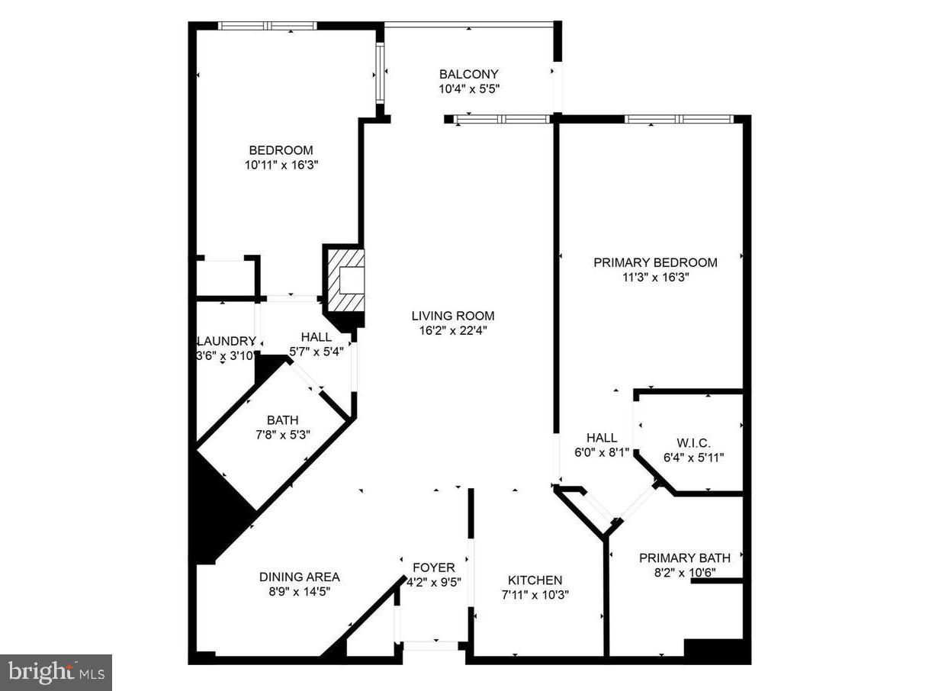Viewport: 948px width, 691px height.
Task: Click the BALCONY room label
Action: click(x=468, y=74)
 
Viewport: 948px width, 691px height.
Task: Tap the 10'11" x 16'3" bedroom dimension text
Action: click(x=281, y=165)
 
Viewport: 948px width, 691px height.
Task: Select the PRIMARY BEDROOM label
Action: click(x=655, y=262)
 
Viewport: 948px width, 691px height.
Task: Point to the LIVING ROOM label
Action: click(x=452, y=316)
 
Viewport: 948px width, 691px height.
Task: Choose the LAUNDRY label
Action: click(x=226, y=341)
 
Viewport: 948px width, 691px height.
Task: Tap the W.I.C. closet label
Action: click(x=693, y=443)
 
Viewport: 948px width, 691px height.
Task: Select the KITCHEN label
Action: click(x=535, y=580)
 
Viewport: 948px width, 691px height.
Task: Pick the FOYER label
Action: click(x=433, y=567)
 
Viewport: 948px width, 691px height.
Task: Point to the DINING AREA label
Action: click(x=299, y=577)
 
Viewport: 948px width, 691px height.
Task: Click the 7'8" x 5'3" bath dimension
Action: click(x=282, y=435)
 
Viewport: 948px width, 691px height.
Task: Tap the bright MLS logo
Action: click(x=56, y=672)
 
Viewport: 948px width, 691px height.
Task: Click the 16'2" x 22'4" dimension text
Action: click(x=452, y=330)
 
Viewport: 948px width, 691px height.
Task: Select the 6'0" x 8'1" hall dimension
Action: click(x=602, y=452)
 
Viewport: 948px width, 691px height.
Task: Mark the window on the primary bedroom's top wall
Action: click(x=678, y=119)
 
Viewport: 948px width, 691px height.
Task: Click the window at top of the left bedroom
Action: click(x=267, y=26)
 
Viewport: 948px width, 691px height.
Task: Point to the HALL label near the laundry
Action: click(x=316, y=336)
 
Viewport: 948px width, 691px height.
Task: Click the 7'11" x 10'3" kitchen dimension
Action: click(x=535, y=595)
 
